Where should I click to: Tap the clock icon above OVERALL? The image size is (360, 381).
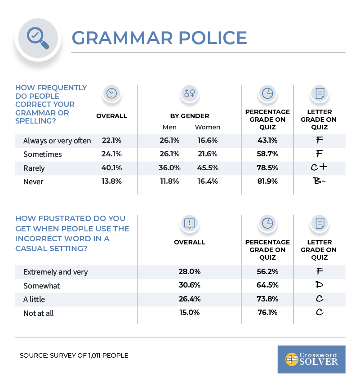click(x=111, y=93)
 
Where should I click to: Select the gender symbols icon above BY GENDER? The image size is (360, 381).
click(x=189, y=93)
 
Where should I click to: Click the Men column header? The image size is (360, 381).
click(x=169, y=127)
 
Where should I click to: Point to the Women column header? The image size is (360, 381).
click(x=207, y=127)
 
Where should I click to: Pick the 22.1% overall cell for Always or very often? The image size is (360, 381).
click(x=111, y=141)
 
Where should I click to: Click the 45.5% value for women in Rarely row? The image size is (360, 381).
click(x=207, y=168)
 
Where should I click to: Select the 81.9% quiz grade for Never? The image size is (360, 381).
click(x=267, y=181)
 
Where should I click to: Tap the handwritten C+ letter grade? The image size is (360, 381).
click(x=319, y=168)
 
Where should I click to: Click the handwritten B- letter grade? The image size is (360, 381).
click(x=319, y=181)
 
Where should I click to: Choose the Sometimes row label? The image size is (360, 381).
click(x=43, y=154)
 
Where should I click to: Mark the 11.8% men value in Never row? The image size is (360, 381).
click(x=169, y=181)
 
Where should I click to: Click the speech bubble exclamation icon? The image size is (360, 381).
click(x=189, y=223)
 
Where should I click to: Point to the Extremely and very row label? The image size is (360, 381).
click(x=55, y=272)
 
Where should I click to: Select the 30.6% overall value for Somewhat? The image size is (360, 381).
click(x=189, y=285)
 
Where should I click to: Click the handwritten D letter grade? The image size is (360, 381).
click(x=319, y=285)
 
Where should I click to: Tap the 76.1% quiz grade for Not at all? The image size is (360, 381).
click(x=267, y=312)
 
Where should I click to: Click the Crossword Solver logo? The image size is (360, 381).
click(x=311, y=359)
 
